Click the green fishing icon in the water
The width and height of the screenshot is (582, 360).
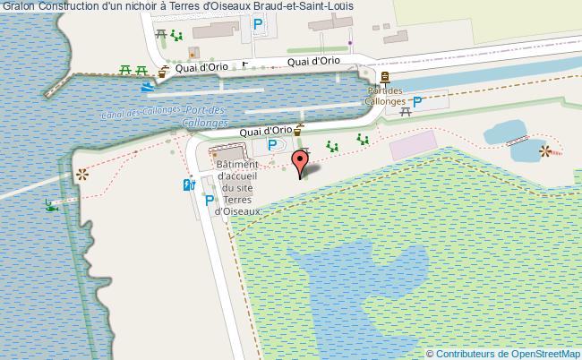50,205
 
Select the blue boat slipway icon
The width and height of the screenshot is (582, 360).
147,88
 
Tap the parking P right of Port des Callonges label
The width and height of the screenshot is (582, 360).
417,102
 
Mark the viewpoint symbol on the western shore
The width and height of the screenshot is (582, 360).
82,174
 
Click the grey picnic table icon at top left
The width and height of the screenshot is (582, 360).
161,33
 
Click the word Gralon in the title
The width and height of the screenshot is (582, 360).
19,6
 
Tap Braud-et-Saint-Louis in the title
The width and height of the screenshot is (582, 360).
304,6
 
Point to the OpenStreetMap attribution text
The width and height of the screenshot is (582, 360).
503,353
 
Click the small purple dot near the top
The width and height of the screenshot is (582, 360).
350,40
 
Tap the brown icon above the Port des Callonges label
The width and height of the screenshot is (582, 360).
385,79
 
